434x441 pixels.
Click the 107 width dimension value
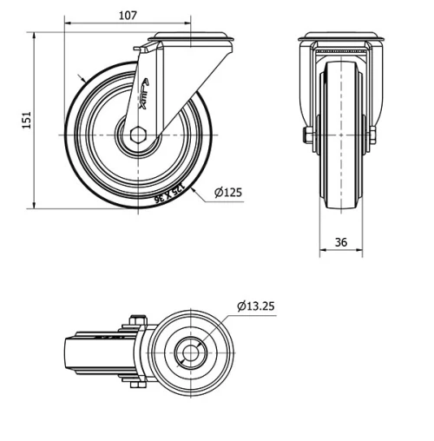(127, 16)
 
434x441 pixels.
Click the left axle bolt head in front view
(306, 135)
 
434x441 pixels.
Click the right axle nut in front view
(373, 135)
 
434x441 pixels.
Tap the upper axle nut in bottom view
(135, 319)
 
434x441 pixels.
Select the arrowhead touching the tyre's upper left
(82, 80)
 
